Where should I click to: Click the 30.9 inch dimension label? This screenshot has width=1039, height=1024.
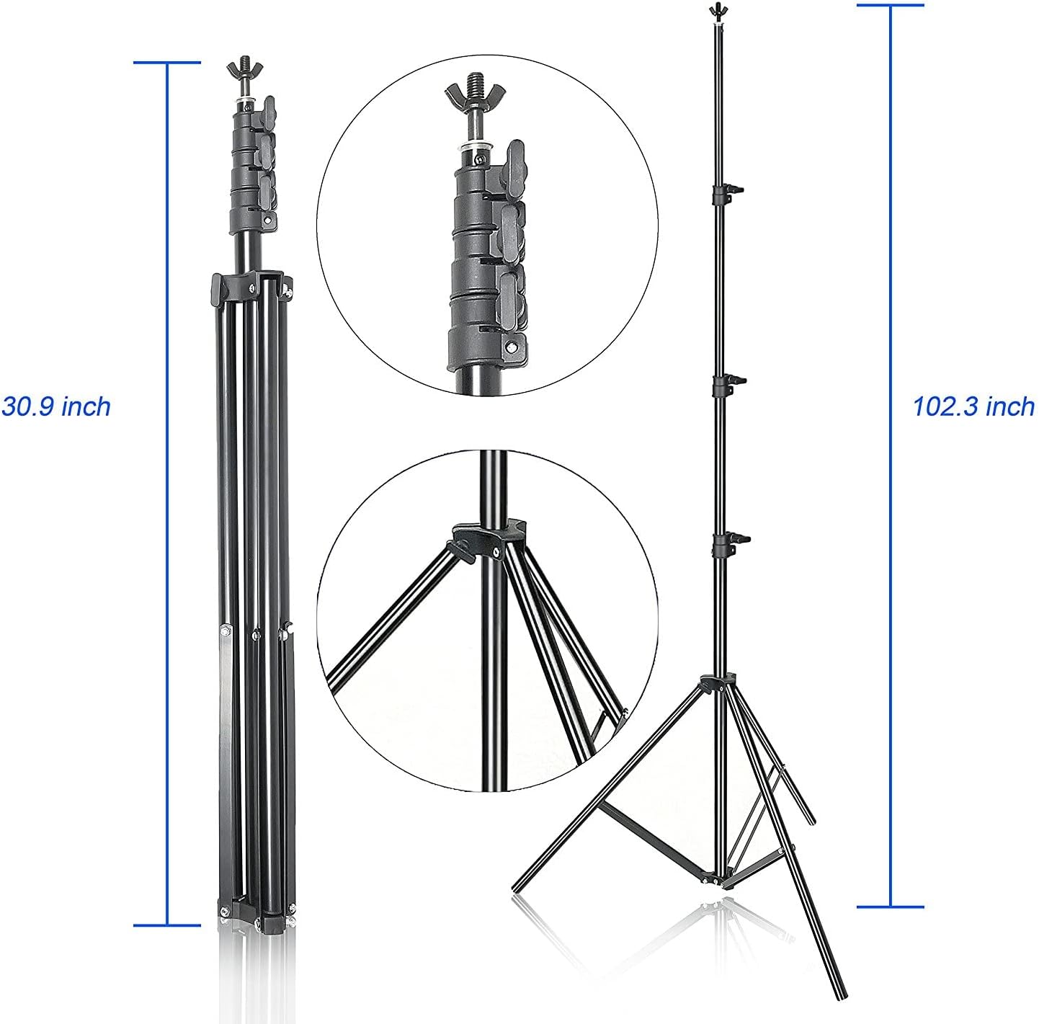(x=56, y=406)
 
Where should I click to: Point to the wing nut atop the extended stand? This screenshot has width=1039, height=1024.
(x=715, y=10)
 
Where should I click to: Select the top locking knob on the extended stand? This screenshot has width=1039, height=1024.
(x=728, y=191)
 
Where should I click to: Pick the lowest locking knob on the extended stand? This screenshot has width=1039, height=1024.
(x=728, y=538)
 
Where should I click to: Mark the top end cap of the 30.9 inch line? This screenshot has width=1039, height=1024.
(x=167, y=63)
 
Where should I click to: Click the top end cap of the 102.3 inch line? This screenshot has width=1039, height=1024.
(x=890, y=5)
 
